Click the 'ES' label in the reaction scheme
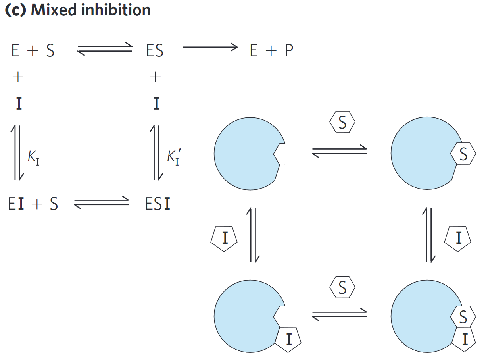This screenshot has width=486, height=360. pos(154,51)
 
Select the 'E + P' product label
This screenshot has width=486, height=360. pos(272,51)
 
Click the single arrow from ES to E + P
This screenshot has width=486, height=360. pos(210,47)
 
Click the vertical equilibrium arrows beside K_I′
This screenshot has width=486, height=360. pos(156,152)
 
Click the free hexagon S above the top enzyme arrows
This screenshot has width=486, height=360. pos(342,123)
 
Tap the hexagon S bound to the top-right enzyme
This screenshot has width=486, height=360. pos(463,155)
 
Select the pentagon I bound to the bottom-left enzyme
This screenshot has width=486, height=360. pos(288,340)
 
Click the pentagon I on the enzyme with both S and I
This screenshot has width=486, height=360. pos(464,339)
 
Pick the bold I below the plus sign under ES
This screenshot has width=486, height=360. pos(156,104)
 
